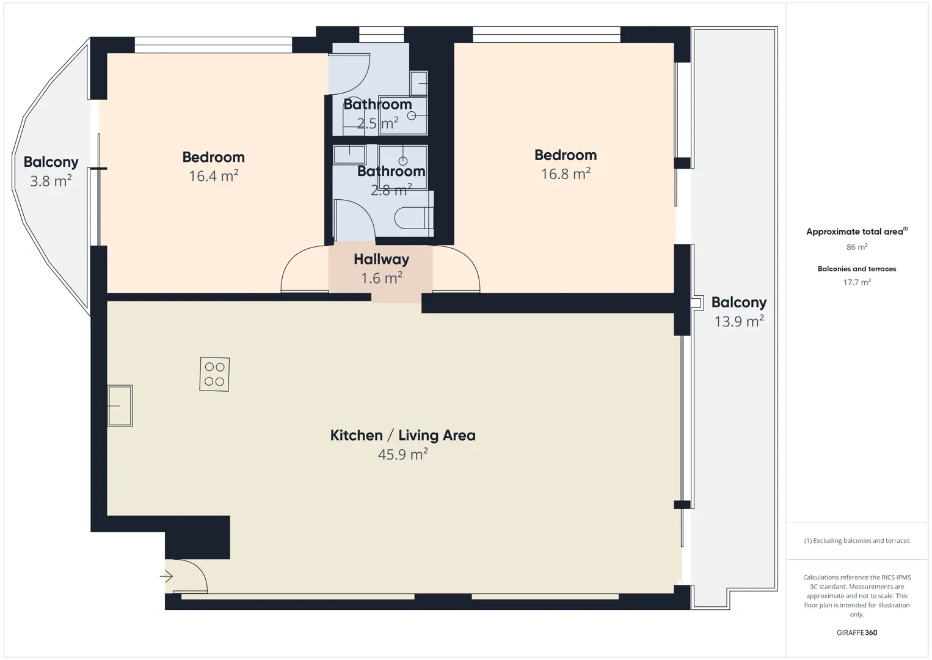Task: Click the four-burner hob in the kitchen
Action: coord(214,374)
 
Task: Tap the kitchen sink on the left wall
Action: coord(120,406)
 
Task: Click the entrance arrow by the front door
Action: coord(166,576)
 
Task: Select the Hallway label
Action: coord(382,260)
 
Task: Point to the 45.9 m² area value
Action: coord(402,454)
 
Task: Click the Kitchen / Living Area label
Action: coord(402,435)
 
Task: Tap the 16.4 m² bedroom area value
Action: coord(213,176)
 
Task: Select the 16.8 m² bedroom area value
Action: coord(566,174)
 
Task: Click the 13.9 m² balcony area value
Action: coord(739,321)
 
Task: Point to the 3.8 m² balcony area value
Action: coord(51,181)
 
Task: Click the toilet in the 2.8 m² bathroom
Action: coord(413,218)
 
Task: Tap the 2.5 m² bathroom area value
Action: coord(378,123)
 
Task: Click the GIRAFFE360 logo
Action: coord(857,632)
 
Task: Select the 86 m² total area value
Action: coord(857,247)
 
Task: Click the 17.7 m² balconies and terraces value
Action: coord(857,282)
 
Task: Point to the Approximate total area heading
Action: coord(857,232)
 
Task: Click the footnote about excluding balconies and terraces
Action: coord(857,540)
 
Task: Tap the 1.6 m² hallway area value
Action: coord(382,277)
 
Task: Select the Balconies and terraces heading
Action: coord(857,269)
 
